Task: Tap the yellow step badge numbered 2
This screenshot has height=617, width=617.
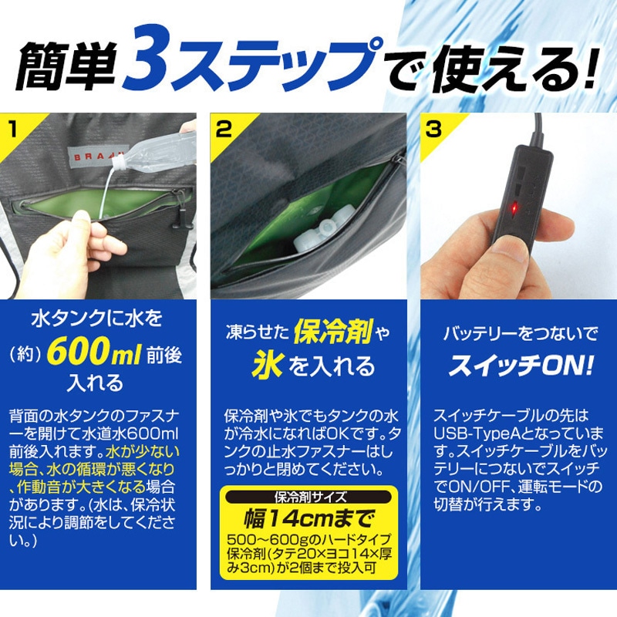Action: pyautogui.click(x=224, y=128)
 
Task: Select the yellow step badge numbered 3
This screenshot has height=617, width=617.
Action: pyautogui.click(x=433, y=128)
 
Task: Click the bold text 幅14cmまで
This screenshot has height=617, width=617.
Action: pyautogui.click(x=309, y=514)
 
